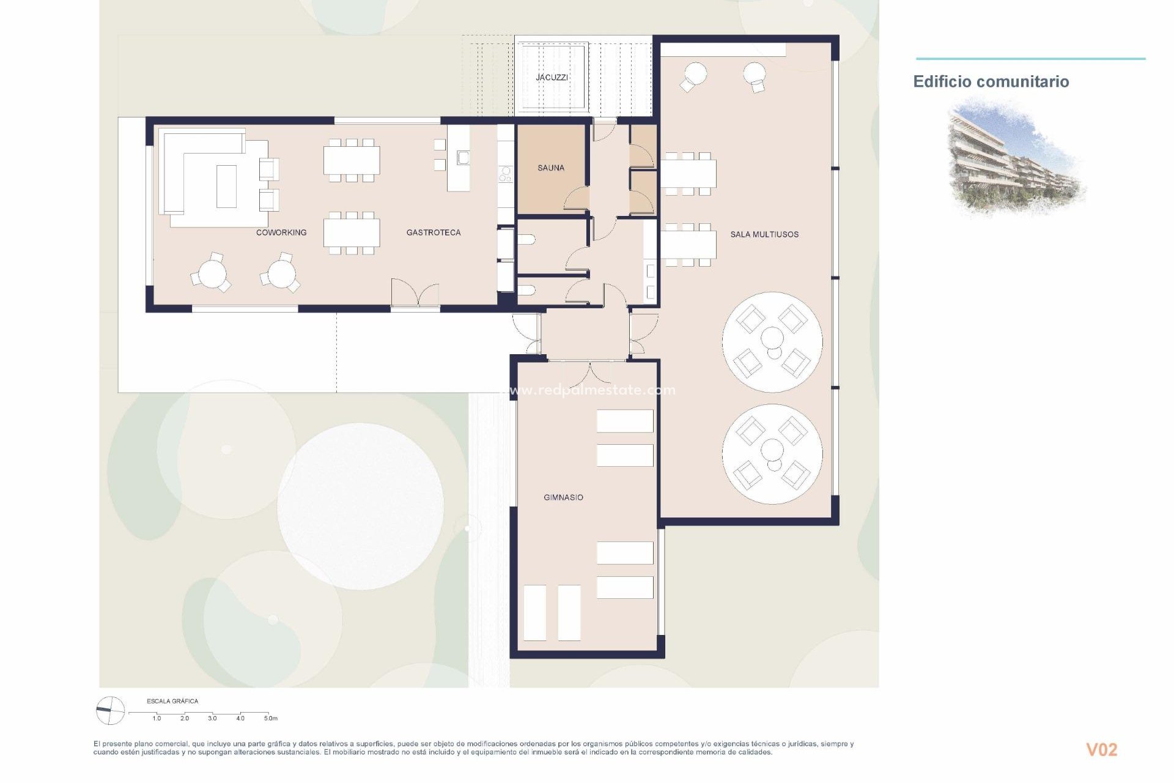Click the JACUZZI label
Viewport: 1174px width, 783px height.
click(x=552, y=78)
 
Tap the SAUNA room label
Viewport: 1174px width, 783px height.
click(x=550, y=168)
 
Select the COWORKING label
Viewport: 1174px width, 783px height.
click(x=281, y=232)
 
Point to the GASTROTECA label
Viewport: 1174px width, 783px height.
click(x=434, y=232)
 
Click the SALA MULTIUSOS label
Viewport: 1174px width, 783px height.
click(x=764, y=234)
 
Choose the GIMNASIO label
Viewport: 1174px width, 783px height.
click(x=563, y=497)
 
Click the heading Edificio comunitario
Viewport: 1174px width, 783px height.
click(x=991, y=81)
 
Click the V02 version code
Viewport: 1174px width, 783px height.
click(x=1101, y=749)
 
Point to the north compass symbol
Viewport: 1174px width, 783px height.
click(x=111, y=710)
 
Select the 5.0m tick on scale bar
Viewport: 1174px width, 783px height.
click(x=270, y=718)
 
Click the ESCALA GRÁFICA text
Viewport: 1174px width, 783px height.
click(x=172, y=701)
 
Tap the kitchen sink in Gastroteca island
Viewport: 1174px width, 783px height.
click(x=463, y=158)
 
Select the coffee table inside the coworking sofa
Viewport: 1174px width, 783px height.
click(x=226, y=186)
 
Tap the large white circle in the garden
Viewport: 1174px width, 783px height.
click(x=360, y=507)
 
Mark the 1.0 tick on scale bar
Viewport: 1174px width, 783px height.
click(x=157, y=718)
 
